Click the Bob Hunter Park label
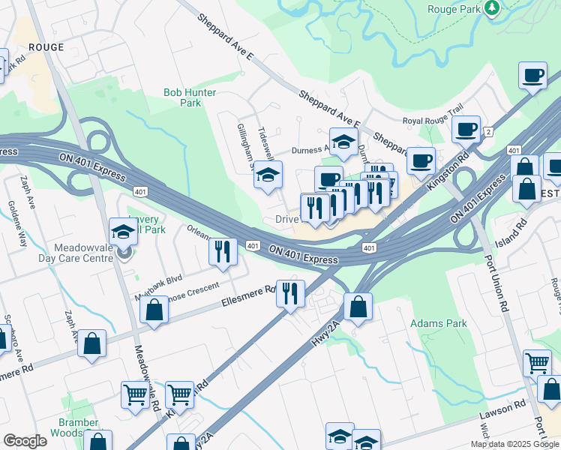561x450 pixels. coord(190,97)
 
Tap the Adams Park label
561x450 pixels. coord(438,323)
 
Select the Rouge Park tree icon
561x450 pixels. coord(492,8)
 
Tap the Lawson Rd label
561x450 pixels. coord(509,407)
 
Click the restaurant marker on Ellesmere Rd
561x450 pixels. coord(290,293)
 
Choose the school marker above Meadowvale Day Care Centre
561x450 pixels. coord(123,231)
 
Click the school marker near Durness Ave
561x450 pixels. coord(343,142)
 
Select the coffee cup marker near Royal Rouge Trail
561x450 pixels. coord(466,130)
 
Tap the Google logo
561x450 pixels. coord(25,441)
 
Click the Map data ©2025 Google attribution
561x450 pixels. coord(514,444)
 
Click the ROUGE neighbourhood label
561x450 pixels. coord(46,46)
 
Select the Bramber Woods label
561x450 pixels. coord(79,427)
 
